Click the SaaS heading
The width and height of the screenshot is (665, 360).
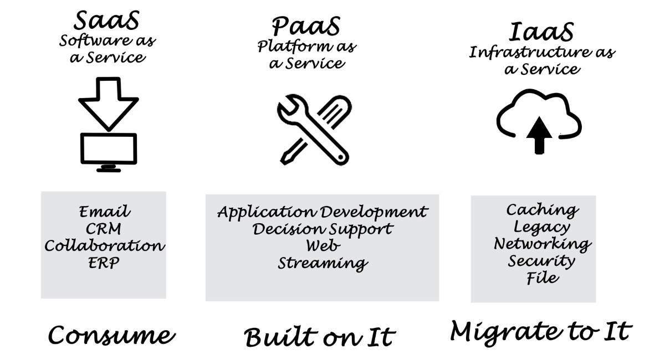tap(106, 20)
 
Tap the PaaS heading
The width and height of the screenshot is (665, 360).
tap(306, 26)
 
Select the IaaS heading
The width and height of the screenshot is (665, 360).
tap(541, 32)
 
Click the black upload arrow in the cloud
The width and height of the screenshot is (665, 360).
tap(539, 135)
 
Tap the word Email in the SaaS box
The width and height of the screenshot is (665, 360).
tap(104, 212)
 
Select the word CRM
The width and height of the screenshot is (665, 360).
tap(103, 229)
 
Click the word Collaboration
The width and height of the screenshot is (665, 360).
tap(105, 246)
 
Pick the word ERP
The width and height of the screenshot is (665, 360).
tap(104, 263)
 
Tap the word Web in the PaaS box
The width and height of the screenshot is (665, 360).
tap(323, 246)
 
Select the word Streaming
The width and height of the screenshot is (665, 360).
tap(323, 264)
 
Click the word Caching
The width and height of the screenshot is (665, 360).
tap(542, 210)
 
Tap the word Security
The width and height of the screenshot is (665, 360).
tap(541, 262)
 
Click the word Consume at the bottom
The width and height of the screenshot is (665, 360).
tap(111, 335)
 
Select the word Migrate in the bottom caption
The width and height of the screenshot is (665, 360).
tap(506, 332)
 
